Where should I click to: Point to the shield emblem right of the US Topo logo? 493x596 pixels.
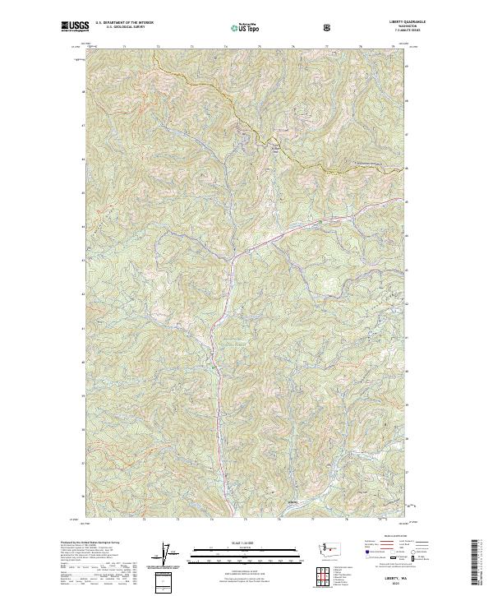[x=328, y=27]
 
